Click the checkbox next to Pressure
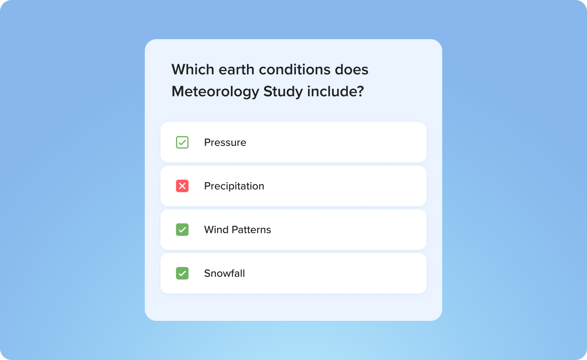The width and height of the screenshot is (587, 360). click(x=182, y=142)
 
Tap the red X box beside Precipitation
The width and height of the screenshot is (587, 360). click(x=182, y=186)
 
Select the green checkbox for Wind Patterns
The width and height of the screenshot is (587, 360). click(x=182, y=230)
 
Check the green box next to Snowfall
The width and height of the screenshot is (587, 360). click(x=182, y=273)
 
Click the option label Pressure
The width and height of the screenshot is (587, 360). click(x=225, y=142)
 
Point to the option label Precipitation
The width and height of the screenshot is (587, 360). click(x=234, y=186)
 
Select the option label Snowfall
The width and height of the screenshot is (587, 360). click(x=224, y=273)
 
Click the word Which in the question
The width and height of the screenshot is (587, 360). click(x=193, y=70)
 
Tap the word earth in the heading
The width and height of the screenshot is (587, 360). click(x=236, y=70)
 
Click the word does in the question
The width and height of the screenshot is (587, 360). click(x=352, y=70)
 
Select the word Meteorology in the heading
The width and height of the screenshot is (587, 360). click(x=215, y=92)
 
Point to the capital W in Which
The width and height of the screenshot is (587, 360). click(x=179, y=70)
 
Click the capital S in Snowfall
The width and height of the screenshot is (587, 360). click(x=207, y=273)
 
